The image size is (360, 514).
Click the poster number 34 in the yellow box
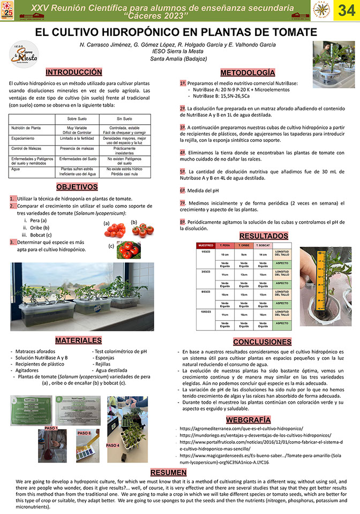[x=347, y=11]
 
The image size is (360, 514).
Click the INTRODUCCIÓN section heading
[x=73, y=72]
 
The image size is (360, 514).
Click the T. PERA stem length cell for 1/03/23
[x=225, y=254]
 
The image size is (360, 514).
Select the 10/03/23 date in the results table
[x=206, y=311]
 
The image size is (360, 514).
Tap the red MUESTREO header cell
[x=206, y=245]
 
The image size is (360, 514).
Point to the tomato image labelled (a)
[x=114, y=230]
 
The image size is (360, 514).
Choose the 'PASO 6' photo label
[x=85, y=433]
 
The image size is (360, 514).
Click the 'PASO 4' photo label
[x=113, y=445]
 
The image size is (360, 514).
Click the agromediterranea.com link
[x=241, y=429]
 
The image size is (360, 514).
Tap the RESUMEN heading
[x=169, y=472]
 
